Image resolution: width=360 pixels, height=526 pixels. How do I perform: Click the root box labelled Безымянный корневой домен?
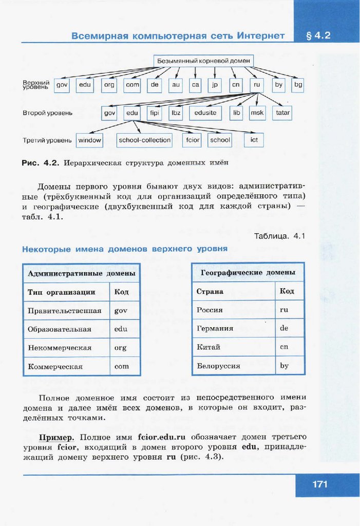click(x=204, y=61)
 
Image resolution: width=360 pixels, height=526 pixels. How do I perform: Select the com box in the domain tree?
click(x=132, y=85)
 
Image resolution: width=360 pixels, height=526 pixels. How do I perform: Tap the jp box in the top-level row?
click(x=215, y=85)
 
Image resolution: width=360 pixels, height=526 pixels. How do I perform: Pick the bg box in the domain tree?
click(x=297, y=85)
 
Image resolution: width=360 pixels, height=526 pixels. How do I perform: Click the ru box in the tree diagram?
click(x=257, y=85)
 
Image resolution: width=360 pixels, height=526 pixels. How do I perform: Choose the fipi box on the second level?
click(x=155, y=112)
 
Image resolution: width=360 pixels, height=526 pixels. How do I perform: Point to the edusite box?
click(x=206, y=112)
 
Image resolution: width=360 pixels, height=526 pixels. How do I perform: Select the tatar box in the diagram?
click(x=282, y=112)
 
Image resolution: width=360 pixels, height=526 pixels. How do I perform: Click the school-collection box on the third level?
click(x=144, y=140)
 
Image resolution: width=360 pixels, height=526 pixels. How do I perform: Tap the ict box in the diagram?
click(x=254, y=140)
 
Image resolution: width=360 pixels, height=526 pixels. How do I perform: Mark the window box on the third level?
click(x=89, y=140)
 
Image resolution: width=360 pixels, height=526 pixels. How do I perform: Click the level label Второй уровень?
click(x=47, y=112)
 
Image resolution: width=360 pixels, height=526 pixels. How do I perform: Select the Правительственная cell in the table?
click(x=65, y=311)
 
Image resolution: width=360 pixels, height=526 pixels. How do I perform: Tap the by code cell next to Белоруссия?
click(x=284, y=366)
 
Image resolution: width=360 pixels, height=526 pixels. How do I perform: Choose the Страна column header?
click(x=210, y=291)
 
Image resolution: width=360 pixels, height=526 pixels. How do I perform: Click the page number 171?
click(x=319, y=484)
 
